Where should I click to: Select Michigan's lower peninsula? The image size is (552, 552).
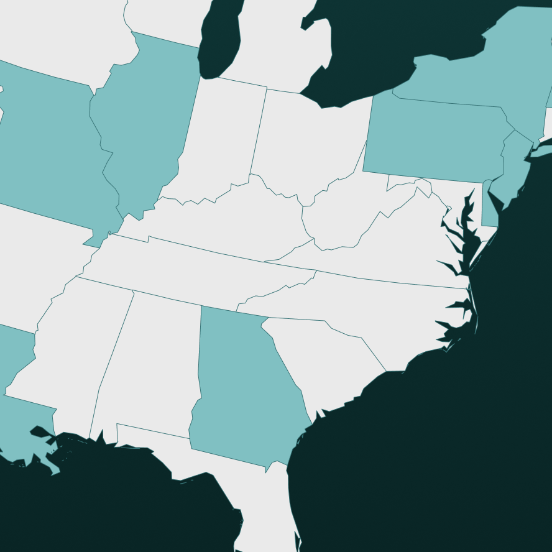(x=280, y=44)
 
